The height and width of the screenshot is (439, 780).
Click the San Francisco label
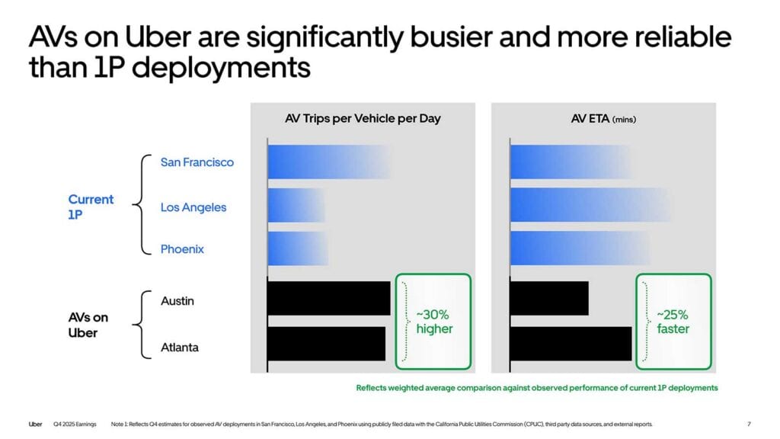pyautogui.click(x=197, y=162)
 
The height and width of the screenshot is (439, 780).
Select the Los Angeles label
pyautogui.click(x=193, y=207)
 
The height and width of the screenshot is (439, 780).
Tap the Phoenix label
pyautogui.click(x=182, y=249)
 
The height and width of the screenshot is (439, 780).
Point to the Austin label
pyautogui.click(x=177, y=301)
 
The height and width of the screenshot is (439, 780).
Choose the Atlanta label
pyautogui.click(x=180, y=348)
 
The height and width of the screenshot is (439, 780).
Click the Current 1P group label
pyautogui.click(x=91, y=207)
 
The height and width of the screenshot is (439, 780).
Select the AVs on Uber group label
pyautogui.click(x=89, y=325)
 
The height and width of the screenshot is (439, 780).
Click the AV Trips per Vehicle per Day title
pyautogui.click(x=357, y=119)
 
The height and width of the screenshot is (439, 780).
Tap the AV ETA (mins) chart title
pyautogui.click(x=603, y=119)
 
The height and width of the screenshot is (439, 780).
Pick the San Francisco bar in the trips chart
pyautogui.click(x=328, y=162)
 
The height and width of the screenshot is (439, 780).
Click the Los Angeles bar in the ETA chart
pyautogui.click(x=587, y=206)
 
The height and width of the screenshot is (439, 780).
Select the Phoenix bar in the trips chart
pyautogui.click(x=297, y=249)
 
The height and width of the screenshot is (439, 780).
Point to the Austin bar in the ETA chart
pyautogui.click(x=548, y=299)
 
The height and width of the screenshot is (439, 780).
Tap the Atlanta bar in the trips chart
pyautogui.click(x=326, y=344)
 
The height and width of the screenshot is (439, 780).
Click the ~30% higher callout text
pyautogui.click(x=434, y=322)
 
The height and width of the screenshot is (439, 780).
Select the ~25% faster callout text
pyautogui.click(x=673, y=322)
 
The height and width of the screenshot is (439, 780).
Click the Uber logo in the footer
pyautogui.click(x=35, y=424)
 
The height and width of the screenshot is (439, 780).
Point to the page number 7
pyautogui.click(x=750, y=424)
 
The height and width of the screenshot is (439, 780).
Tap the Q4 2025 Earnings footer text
pyautogui.click(x=75, y=424)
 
